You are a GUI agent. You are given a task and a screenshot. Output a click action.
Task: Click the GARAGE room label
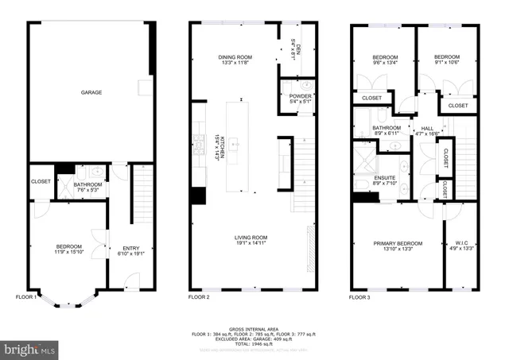[x=91, y=92]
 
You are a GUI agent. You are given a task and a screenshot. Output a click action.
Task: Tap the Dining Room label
[x=235, y=56]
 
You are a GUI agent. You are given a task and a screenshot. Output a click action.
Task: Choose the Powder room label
[x=301, y=96]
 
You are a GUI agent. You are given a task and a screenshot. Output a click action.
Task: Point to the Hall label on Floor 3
[x=427, y=128]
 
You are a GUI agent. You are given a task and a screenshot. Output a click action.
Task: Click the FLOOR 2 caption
[x=198, y=297]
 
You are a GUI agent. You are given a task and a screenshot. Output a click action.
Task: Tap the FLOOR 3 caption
[x=361, y=297]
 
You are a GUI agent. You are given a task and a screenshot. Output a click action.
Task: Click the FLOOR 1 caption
[x=27, y=297]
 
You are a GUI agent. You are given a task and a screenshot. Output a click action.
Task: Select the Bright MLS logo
[x=31, y=348]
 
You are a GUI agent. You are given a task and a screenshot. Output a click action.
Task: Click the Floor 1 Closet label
[x=41, y=181]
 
